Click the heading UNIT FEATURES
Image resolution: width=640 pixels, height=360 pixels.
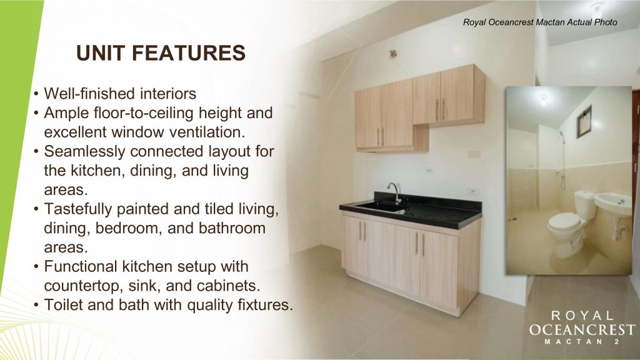click(x=161, y=53)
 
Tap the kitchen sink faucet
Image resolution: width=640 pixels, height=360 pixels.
click(x=394, y=192)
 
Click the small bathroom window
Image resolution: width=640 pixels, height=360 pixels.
click(x=584, y=122)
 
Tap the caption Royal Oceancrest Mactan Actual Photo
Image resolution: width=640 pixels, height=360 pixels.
click(x=540, y=22)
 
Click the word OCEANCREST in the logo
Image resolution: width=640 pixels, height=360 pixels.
click(x=582, y=329)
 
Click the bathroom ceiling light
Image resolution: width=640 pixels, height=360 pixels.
click(x=543, y=98)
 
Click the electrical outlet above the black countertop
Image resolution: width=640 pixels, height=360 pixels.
click(x=474, y=191)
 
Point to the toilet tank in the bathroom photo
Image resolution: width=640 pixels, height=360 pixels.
click(x=585, y=204)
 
